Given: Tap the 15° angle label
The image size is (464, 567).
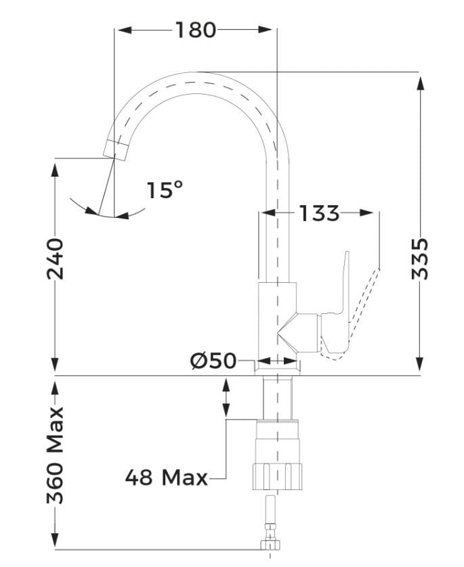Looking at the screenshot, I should pos(165,190).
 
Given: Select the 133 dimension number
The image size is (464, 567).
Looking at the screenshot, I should pos(319,213).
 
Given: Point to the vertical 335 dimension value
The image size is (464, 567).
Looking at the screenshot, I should pos(421,258).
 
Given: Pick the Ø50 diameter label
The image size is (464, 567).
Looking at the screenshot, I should pos(213,361).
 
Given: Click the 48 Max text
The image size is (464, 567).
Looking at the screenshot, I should pos(166,478).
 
